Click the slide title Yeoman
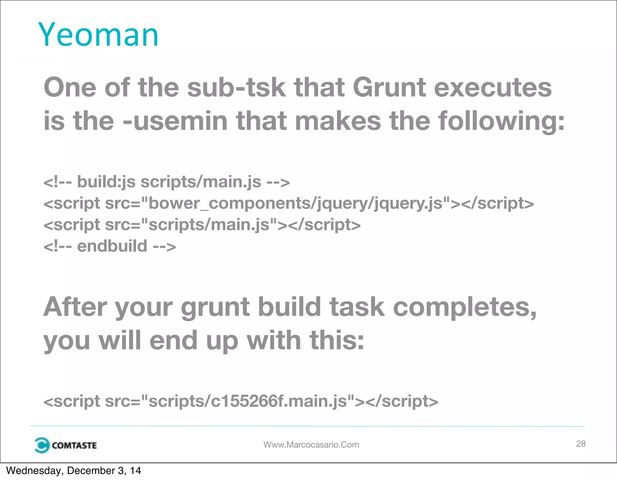click(98, 35)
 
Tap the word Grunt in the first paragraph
click(389, 87)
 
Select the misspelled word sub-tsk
click(236, 87)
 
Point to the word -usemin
click(175, 121)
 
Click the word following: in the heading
click(501, 121)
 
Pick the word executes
click(493, 87)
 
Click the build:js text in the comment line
click(106, 182)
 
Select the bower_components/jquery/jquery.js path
click(296, 203)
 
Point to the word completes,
click(465, 307)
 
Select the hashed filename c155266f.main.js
click(279, 401)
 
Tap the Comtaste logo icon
click(42, 445)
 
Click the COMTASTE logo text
click(74, 445)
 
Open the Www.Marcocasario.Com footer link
click(311, 445)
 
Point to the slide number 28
click(581, 444)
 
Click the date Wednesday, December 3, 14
click(74, 471)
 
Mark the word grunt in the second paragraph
click(215, 307)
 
